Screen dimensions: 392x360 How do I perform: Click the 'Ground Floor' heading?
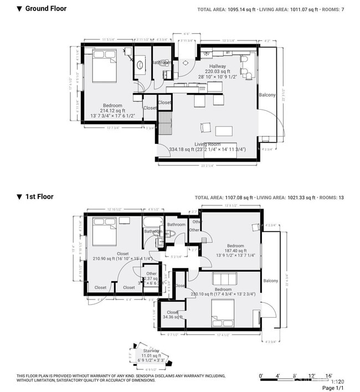(45, 9)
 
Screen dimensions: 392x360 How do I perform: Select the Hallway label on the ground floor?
(217, 66)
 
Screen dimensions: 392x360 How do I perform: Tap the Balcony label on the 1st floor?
(270, 281)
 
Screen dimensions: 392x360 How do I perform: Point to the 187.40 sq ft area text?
(235, 250)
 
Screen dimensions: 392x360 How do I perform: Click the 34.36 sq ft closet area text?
(172, 317)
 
